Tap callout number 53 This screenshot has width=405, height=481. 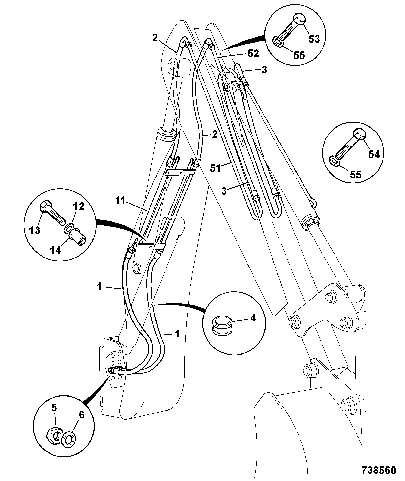314,39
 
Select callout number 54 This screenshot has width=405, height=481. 374,154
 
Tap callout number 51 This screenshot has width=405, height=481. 215,168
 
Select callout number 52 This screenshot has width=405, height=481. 253,53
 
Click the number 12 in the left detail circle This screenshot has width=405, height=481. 79,206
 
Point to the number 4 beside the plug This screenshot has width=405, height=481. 253,318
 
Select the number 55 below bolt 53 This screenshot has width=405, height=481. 299,55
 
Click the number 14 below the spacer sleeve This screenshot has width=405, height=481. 56,250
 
